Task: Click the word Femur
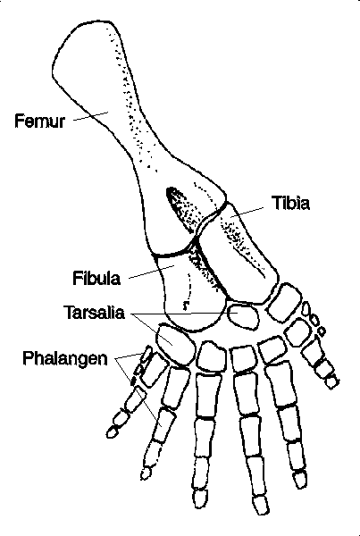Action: pyautogui.click(x=39, y=121)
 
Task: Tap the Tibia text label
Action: pyautogui.click(x=291, y=203)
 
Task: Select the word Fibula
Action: pyautogui.click(x=96, y=278)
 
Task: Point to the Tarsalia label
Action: pyautogui.click(x=95, y=313)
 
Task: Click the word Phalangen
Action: pyautogui.click(x=65, y=358)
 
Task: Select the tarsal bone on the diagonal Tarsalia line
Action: pyautogui.click(x=175, y=344)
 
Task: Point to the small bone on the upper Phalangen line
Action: pyautogui.click(x=147, y=355)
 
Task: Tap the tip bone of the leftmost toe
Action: pyautogui.click(x=113, y=431)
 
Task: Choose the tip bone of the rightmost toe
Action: pyautogui.click(x=331, y=381)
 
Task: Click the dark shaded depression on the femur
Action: pyautogui.click(x=181, y=208)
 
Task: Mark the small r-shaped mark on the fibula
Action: pyautogui.click(x=186, y=306)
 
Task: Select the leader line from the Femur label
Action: pyautogui.click(x=90, y=116)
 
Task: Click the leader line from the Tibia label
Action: pyautogui.click(x=247, y=212)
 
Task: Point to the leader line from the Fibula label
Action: pyautogui.click(x=152, y=272)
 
